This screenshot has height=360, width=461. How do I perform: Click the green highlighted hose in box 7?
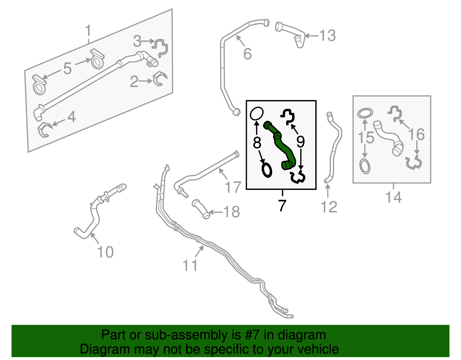[x=280, y=144]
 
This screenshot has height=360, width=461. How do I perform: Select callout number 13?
[x=328, y=36]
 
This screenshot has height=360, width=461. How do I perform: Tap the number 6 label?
[x=247, y=54]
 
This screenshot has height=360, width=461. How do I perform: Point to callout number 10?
[x=105, y=252]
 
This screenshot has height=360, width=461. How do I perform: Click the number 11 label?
[x=190, y=265]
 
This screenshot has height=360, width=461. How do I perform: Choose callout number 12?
[x=329, y=207]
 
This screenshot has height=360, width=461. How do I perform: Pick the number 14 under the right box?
[x=393, y=197]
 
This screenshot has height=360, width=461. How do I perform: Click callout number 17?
[x=233, y=187]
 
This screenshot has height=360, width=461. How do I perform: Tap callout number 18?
[x=231, y=212]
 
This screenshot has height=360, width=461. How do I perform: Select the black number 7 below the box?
[x=282, y=206]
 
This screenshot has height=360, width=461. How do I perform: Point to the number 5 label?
[x=67, y=69]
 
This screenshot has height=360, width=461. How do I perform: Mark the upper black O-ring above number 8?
[x=256, y=114]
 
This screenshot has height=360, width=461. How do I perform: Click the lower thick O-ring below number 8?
[x=267, y=170]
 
